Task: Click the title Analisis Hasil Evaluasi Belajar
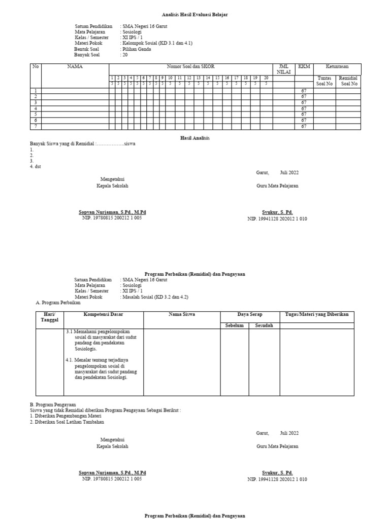[184, 16]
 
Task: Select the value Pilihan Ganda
[137, 49]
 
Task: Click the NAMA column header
[75, 66]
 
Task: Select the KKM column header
[304, 66]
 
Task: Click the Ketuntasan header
[337, 66]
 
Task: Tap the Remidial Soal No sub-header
[348, 81]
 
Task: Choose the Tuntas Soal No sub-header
[324, 81]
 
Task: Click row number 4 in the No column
[36, 108]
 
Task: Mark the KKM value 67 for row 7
[304, 127]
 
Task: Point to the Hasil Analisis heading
[195, 138]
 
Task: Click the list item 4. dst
[35, 167]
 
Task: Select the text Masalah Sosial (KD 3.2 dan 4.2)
[152, 296]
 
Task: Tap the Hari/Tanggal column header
[50, 317]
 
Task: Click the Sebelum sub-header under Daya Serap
[235, 325]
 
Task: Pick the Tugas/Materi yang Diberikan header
[317, 315]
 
